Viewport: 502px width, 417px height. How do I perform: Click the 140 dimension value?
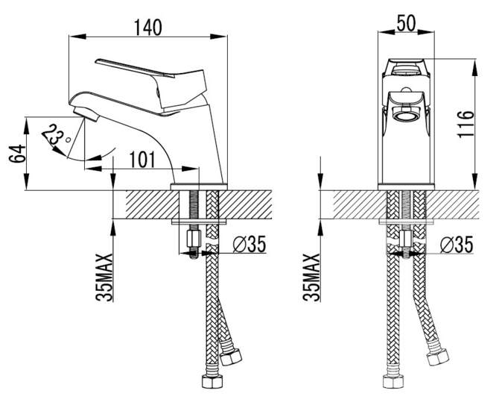(x=148, y=28)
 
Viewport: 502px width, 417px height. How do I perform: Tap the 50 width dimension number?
(x=406, y=23)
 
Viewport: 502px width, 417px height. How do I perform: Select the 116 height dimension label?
(x=466, y=124)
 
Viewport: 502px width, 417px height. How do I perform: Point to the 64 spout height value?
(x=16, y=154)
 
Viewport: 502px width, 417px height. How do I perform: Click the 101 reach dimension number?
(x=142, y=160)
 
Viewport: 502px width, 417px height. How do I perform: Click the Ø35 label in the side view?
(x=250, y=244)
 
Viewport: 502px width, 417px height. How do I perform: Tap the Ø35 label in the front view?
(x=457, y=245)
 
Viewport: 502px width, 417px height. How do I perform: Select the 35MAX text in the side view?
(x=104, y=278)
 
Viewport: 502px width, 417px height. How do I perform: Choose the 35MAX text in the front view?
(x=311, y=278)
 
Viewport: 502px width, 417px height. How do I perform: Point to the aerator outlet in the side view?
(x=86, y=114)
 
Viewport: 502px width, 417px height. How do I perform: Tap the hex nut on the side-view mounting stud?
(x=193, y=238)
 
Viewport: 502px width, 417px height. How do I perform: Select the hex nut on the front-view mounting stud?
(x=406, y=239)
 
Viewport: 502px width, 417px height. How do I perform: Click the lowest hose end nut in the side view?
(x=212, y=381)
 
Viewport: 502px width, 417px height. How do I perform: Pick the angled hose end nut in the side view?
(x=231, y=357)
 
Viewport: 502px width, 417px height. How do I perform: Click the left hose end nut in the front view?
(x=393, y=381)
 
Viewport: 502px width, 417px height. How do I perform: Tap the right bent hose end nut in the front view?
(x=438, y=357)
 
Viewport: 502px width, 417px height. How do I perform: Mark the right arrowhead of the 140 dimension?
(x=219, y=37)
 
